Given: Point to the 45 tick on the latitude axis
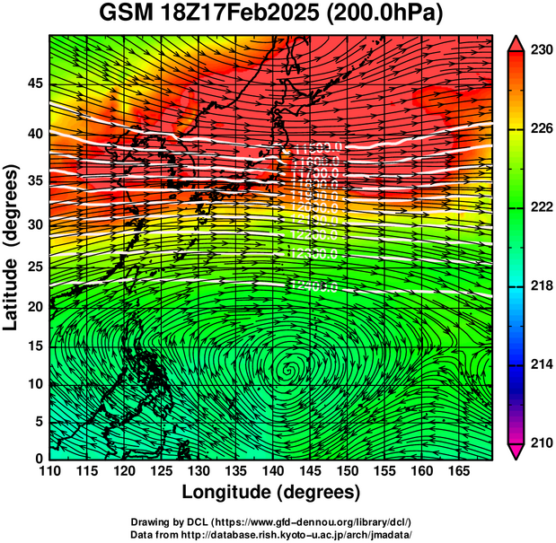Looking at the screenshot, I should tap(34, 84).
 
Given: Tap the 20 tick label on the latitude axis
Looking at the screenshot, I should tap(34, 307).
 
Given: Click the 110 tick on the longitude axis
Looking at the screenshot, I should tap(49, 470).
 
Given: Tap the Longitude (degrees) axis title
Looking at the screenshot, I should tap(271, 492).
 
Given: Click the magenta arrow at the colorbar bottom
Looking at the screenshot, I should tap(516, 451).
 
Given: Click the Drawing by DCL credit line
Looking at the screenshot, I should tap(271, 521).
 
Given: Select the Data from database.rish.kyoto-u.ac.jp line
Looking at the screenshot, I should tap(271, 534).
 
